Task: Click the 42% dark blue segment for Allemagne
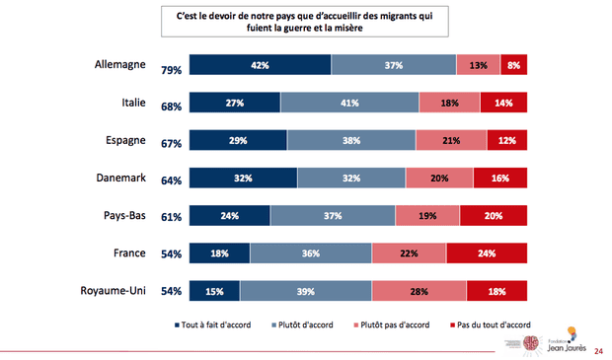tap(260, 65)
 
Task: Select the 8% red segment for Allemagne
tap(513, 65)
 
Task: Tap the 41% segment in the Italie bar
tap(349, 103)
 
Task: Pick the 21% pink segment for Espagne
tap(450, 140)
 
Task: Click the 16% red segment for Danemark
tap(498, 179)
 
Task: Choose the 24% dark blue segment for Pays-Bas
tap(229, 216)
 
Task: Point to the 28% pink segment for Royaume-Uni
tap(419, 291)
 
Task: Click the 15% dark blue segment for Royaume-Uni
tap(213, 291)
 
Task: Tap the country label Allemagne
tap(117, 65)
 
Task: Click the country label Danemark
tap(119, 179)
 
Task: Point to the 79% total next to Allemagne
tap(171, 69)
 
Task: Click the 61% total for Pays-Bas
tap(171, 219)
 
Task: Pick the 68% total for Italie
tap(171, 107)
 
